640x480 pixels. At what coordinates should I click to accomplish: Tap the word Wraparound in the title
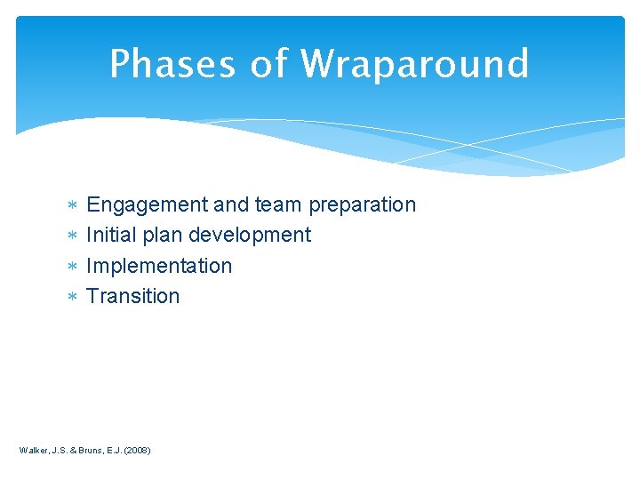click(x=414, y=64)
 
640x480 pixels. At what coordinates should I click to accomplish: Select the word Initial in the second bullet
click(x=109, y=235)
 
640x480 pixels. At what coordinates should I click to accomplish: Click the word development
click(x=250, y=235)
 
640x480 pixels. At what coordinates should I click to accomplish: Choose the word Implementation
click(x=159, y=266)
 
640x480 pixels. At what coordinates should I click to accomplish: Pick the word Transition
click(x=132, y=296)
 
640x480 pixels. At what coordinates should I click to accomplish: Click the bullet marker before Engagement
click(x=73, y=206)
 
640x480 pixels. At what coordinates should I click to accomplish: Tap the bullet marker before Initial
click(x=73, y=236)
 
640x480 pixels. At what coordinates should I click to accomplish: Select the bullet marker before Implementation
click(x=73, y=267)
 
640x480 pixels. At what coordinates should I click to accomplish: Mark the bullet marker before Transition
click(x=73, y=297)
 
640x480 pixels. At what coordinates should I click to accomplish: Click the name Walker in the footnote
click(x=35, y=451)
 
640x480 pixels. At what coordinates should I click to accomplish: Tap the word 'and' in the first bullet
click(x=231, y=204)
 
